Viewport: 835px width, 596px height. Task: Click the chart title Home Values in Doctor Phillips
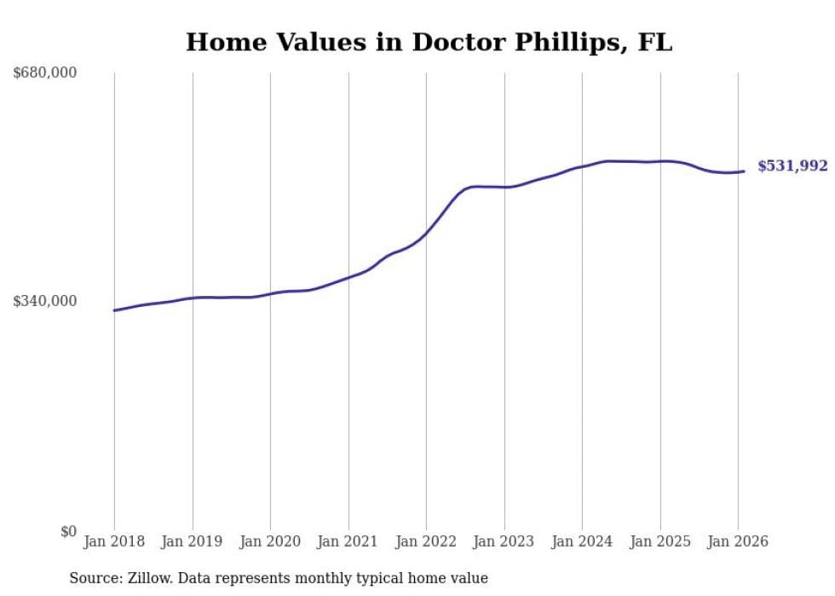tap(429, 42)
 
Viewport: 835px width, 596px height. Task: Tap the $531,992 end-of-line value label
tap(792, 166)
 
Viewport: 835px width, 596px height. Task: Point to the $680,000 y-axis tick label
tap(45, 73)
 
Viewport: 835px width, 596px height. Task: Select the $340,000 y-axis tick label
tap(45, 301)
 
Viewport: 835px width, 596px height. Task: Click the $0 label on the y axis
tap(68, 531)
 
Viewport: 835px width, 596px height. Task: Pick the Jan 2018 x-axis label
tap(114, 542)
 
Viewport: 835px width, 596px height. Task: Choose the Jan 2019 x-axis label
tap(193, 542)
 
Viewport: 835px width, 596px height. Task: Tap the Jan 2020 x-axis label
tap(270, 542)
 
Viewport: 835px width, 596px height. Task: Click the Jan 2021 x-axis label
tap(348, 542)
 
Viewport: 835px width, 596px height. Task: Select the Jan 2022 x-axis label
tap(426, 542)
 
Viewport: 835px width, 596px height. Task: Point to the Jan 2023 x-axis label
tap(504, 542)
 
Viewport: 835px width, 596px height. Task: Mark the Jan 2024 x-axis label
tap(582, 542)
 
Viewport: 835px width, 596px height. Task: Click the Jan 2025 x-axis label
tap(660, 542)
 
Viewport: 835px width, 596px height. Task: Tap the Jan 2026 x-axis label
tap(738, 542)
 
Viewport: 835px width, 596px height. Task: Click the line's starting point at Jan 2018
tap(114, 310)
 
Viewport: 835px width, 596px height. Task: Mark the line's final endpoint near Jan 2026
tap(744, 171)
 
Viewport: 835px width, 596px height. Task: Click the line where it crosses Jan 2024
tap(582, 166)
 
